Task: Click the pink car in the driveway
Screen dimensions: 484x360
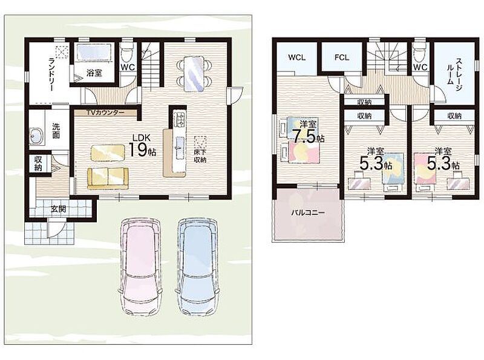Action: (x=140, y=266)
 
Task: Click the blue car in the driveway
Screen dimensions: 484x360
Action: (x=198, y=266)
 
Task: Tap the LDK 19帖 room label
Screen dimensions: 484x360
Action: (x=142, y=146)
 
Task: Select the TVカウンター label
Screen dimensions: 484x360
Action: (x=105, y=113)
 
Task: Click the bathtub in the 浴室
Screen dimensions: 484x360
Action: (x=94, y=52)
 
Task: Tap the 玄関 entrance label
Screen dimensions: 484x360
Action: (x=58, y=209)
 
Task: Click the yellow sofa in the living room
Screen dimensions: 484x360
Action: (x=108, y=178)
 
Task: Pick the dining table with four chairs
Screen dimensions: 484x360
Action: (x=194, y=73)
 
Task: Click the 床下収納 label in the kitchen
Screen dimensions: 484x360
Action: (x=200, y=156)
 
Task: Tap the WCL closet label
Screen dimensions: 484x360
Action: (x=296, y=57)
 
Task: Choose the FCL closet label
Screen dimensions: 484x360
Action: (x=342, y=57)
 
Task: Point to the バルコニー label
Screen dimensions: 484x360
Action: (x=308, y=213)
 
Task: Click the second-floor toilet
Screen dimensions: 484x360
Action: (x=419, y=53)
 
